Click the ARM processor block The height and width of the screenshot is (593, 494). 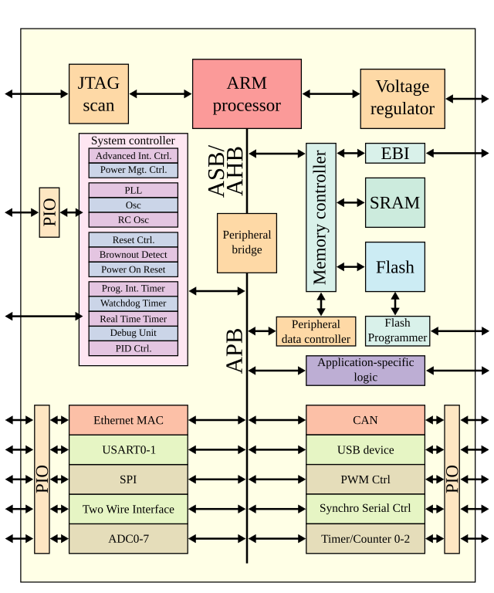[246, 93]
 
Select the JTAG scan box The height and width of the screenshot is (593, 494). [98, 94]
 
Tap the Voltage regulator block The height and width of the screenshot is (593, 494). [402, 98]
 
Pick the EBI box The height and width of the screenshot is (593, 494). [394, 153]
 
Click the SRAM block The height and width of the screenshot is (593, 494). [394, 202]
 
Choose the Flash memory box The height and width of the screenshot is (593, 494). [394, 267]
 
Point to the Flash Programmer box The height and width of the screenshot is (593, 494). [397, 330]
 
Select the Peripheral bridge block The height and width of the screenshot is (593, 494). [246, 242]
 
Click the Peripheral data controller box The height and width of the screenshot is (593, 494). [316, 331]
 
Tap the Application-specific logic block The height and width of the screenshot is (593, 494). [365, 370]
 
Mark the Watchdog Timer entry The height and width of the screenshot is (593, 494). [133, 303]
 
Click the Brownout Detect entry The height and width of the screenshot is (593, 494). [133, 255]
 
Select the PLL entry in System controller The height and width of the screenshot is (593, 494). [133, 190]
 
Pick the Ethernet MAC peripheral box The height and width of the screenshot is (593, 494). [128, 421]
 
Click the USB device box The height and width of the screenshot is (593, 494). [365, 450]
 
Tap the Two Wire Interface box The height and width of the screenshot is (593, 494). [128, 509]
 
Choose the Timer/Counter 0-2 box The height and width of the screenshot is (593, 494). [365, 538]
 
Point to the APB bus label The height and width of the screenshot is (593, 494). [235, 351]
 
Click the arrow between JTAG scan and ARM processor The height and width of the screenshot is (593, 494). [160, 94]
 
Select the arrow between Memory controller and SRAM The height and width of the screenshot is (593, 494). [350, 202]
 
